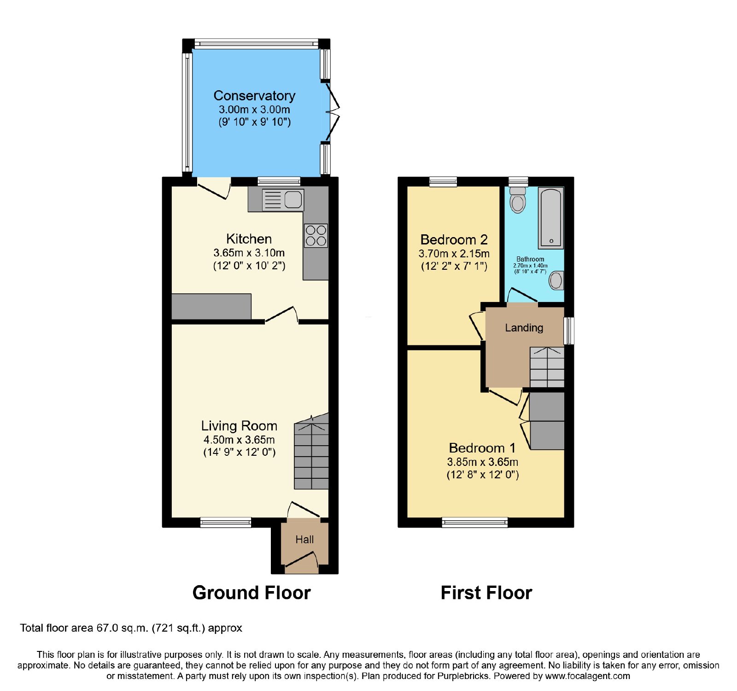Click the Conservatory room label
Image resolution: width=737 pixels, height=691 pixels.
[x=254, y=95]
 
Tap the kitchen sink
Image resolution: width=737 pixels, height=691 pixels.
[x=283, y=200]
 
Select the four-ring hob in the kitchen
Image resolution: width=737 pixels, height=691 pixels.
[x=316, y=235]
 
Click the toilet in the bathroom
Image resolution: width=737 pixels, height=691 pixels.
[x=518, y=200]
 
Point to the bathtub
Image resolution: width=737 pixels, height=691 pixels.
[x=551, y=218]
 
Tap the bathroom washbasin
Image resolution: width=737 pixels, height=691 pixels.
[x=556, y=280]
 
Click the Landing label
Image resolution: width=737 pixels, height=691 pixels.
[x=524, y=328]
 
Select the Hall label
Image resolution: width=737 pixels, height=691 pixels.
[x=304, y=540]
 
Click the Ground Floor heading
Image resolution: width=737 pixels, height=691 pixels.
[x=252, y=592]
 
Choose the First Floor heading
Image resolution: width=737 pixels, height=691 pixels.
[x=486, y=592]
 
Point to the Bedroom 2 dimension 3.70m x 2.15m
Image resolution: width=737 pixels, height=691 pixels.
[x=454, y=254]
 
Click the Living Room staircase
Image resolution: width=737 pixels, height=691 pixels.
[x=311, y=451]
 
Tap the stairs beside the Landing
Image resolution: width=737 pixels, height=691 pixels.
[x=547, y=367]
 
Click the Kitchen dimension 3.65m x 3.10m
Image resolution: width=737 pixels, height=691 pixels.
[x=249, y=253]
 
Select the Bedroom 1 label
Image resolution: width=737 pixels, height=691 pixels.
[x=482, y=448]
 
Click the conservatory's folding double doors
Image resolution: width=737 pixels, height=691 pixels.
[x=333, y=111]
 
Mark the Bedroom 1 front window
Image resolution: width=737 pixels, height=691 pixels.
[x=474, y=522]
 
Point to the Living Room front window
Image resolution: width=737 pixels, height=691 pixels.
[x=226, y=522]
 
